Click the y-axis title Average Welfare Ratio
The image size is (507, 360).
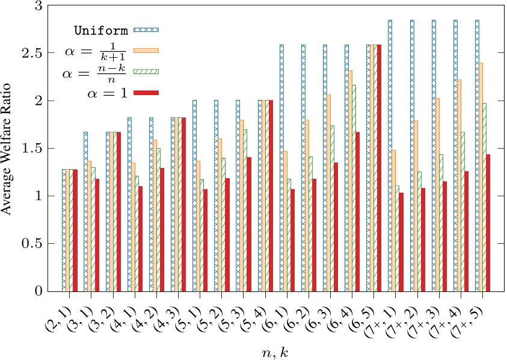click(8, 148)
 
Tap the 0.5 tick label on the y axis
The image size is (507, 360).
click(35, 244)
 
